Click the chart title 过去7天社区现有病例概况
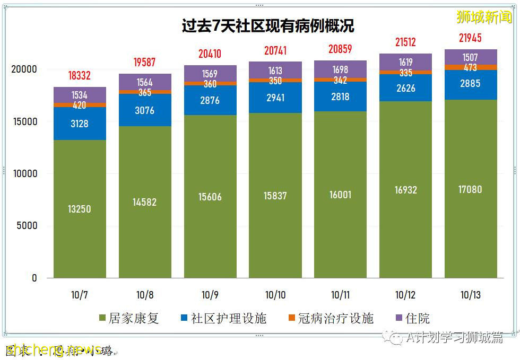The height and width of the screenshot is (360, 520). pos(268,27)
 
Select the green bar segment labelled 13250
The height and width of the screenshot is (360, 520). pos(79,209)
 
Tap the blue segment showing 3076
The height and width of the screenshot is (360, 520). pos(144,110)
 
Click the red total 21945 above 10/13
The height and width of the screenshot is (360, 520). pos(470,38)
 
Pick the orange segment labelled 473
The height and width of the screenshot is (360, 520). pos(470,67)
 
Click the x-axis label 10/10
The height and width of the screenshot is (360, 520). pos(275,295)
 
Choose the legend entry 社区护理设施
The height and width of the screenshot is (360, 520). pos(223,318)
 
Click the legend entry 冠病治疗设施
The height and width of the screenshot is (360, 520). pos(331,318)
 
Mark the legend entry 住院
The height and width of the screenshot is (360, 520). pos(412,318)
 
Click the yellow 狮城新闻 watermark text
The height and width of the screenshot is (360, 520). pos(484,17)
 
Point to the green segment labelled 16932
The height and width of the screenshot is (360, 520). pos(405,190)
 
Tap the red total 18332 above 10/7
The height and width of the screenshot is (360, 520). pos(79,75)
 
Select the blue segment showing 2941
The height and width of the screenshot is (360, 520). pos(275,98)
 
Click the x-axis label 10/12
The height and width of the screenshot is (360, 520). pos(405,295)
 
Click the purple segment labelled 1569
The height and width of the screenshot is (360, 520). pos(210,73)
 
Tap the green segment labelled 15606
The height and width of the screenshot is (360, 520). pos(210,197)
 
